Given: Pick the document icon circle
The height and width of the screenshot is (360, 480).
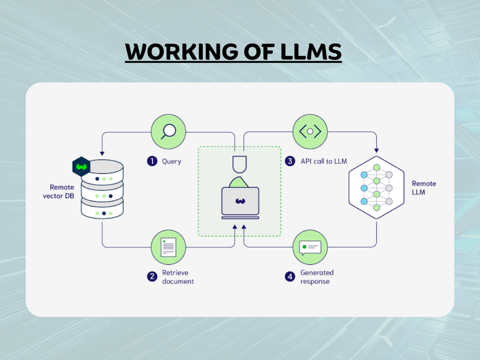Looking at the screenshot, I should pyautogui.click(x=168, y=247).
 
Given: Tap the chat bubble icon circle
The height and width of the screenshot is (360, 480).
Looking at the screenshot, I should pyautogui.click(x=310, y=247).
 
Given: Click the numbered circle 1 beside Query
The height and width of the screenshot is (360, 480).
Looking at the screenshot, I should pyautogui.click(x=152, y=161).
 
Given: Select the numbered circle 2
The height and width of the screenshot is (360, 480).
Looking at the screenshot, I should pyautogui.click(x=152, y=277).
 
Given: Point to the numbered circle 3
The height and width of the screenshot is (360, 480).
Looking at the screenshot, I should pyautogui.click(x=290, y=161).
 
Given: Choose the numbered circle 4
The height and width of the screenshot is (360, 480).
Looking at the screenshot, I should pyautogui.click(x=290, y=277).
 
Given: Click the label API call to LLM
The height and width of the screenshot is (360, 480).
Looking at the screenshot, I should pyautogui.click(x=323, y=161).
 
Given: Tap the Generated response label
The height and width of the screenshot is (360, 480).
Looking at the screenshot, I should pyautogui.click(x=316, y=277).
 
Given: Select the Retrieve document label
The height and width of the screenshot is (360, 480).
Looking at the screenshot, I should pyautogui.click(x=178, y=277).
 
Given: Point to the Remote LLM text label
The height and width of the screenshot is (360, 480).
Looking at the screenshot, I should pyautogui.click(x=424, y=188).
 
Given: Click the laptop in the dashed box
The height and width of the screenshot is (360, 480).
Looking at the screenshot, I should pyautogui.click(x=240, y=202).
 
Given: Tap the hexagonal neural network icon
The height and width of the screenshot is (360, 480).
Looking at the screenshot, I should pyautogui.click(x=376, y=188).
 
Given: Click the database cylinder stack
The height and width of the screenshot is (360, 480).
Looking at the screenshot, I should pyautogui.click(x=102, y=190).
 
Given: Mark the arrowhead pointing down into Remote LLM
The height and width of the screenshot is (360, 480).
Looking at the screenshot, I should pyautogui.click(x=376, y=150).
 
